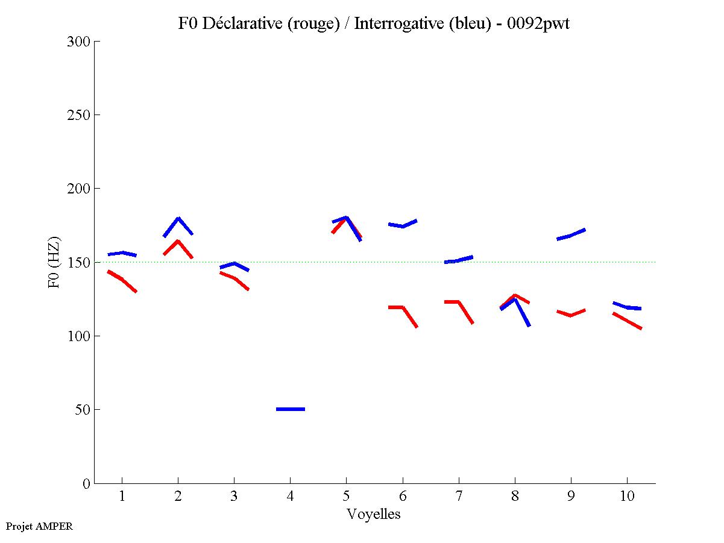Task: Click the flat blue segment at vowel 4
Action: pyautogui.click(x=291, y=409)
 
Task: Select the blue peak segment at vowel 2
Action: pyautogui.click(x=178, y=219)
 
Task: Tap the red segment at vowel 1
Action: pyautogui.click(x=122, y=280)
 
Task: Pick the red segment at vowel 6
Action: pyautogui.click(x=402, y=308)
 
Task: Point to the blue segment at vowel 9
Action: pyautogui.click(x=571, y=235)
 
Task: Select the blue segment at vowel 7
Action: pyautogui.click(x=458, y=260)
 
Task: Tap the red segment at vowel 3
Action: pyautogui.click(x=234, y=278)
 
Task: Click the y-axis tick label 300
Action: pyautogui.click(x=80, y=42)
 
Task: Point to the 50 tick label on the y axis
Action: pyautogui.click(x=83, y=410)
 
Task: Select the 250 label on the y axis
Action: pyautogui.click(x=80, y=115)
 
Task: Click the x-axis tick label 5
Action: pyautogui.click(x=346, y=497)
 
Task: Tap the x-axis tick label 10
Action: pyautogui.click(x=627, y=497)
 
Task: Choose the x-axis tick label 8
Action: pyautogui.click(x=515, y=497)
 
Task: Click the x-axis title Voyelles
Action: pyautogui.click(x=374, y=514)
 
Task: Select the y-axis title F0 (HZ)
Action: pyautogui.click(x=54, y=262)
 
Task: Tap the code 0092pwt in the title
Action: pyautogui.click(x=539, y=24)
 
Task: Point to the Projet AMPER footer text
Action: pyautogui.click(x=39, y=526)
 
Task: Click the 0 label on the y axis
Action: pyautogui.click(x=87, y=483)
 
